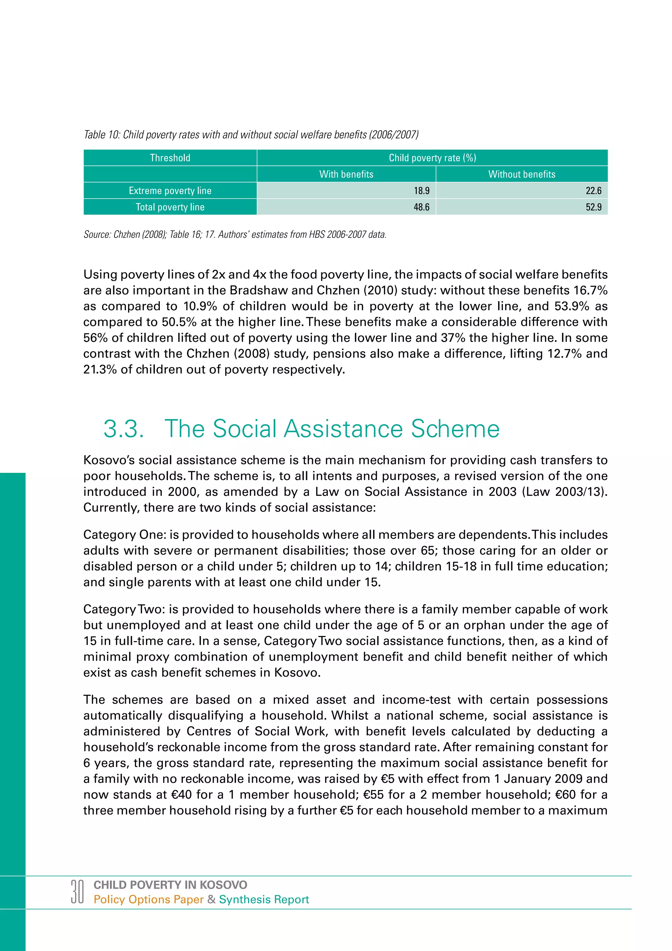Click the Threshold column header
coord(170,158)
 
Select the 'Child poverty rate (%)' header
coord(432,158)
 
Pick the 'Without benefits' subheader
coord(521,174)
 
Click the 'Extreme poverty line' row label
coord(170,190)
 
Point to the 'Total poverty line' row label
coord(170,207)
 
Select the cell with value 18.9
coord(421,190)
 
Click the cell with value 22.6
coord(593,190)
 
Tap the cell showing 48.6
coord(421,207)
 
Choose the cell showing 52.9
coord(593,207)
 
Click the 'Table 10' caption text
coord(251,135)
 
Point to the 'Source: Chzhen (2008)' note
coord(235,234)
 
